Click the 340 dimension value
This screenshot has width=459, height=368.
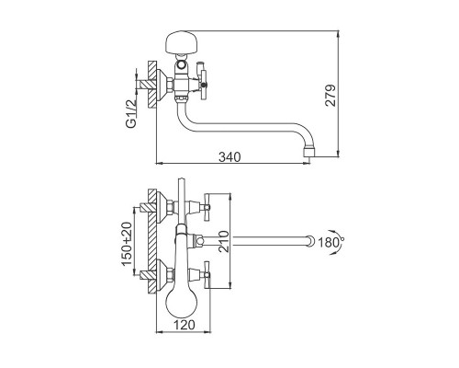[229, 156]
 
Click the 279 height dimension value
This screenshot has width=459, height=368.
[330, 96]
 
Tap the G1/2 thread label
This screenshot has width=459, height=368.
[131, 113]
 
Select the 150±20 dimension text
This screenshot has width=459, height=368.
[126, 244]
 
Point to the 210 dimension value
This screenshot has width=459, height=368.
[224, 241]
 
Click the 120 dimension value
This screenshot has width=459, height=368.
[185, 324]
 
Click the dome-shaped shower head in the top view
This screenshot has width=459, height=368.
[181, 41]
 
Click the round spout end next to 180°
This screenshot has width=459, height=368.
[310, 241]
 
